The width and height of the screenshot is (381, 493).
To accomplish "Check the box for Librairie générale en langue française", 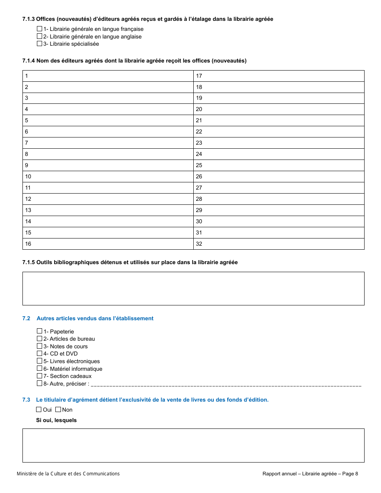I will tap(39, 29).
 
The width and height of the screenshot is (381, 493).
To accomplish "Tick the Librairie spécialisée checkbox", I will tap(39, 44).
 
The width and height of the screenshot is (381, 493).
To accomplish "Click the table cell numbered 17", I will tap(279, 76).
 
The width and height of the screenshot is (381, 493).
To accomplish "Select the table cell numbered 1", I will tap(108, 76).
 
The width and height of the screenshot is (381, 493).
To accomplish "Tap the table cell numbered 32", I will tap(279, 244).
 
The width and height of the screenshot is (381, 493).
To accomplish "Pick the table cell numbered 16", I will tap(108, 244).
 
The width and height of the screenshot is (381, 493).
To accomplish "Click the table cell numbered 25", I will tap(279, 165).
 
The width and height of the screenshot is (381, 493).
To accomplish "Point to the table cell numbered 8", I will tap(108, 154).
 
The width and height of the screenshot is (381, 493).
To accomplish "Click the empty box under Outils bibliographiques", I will tap(193, 289).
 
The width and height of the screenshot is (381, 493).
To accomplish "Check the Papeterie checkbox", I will tap(39, 331).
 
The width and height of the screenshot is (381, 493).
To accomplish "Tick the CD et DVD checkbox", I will tap(39, 354).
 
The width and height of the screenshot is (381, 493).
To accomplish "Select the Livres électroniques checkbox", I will tap(39, 361).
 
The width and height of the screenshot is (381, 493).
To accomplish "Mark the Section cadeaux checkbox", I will tap(39, 376).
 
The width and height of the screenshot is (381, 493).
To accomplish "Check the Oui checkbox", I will tap(39, 410).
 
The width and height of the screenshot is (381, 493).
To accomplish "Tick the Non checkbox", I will tap(58, 410).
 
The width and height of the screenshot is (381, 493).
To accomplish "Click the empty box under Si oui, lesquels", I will tap(193, 445).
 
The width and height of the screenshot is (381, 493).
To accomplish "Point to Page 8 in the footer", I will tap(350, 474).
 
